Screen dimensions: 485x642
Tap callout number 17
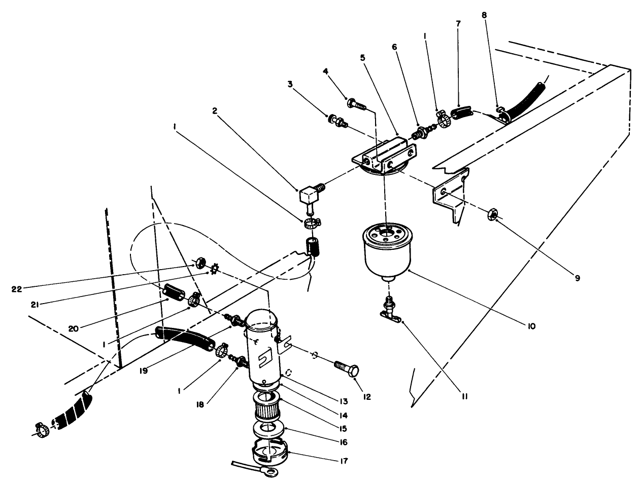[345, 461]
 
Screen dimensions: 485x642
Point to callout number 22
[16, 289]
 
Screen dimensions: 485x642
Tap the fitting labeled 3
[336, 121]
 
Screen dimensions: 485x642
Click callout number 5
[362, 58]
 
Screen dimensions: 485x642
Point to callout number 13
[345, 401]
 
